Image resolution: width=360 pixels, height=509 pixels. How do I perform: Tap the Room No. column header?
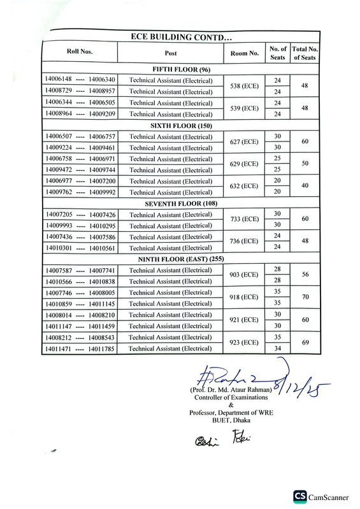coord(244,53)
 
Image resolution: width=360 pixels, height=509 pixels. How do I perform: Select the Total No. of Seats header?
coord(305,53)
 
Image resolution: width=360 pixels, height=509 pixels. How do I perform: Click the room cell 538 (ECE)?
coord(244,86)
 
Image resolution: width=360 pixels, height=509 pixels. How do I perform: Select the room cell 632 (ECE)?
coord(244,186)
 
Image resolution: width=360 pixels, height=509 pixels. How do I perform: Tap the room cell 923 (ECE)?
coord(244,342)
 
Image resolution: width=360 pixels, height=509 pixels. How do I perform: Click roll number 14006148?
coord(59,80)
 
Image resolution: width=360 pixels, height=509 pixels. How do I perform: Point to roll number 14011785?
coord(103,348)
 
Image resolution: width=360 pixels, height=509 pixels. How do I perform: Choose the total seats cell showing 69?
coord(305,342)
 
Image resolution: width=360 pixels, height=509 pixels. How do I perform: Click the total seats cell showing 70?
coord(305,297)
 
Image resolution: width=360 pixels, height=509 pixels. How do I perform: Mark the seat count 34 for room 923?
coord(277,348)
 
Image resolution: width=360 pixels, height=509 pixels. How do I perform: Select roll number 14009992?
coord(103,192)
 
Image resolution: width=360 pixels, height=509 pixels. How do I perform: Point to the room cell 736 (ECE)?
coord(244,241)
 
